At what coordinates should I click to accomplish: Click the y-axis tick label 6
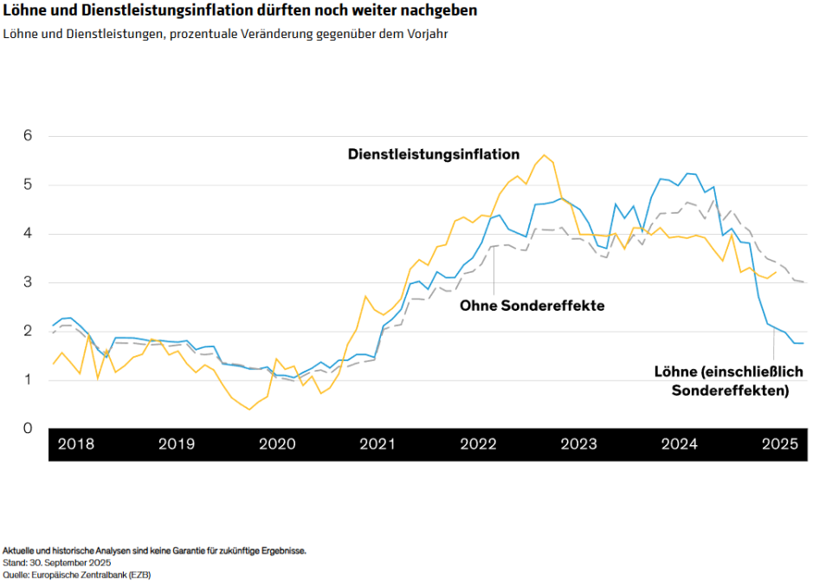[28, 136]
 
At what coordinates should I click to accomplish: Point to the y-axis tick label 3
[28, 282]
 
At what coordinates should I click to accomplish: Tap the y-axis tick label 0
[28, 429]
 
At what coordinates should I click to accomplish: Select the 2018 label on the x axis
[75, 445]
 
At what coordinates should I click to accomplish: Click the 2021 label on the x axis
[377, 445]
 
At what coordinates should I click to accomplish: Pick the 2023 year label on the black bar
[578, 445]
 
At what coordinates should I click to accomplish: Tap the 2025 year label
[779, 445]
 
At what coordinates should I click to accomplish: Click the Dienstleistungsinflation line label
[434, 155]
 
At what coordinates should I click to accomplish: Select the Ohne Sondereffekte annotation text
[532, 306]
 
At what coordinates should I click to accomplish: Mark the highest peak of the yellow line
[544, 155]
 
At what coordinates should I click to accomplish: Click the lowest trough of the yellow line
[249, 410]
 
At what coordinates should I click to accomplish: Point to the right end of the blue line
[803, 344]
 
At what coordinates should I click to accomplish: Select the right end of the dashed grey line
[806, 282]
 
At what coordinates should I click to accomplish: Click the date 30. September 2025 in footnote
[83, 562]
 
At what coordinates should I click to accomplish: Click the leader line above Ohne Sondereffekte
[494, 273]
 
